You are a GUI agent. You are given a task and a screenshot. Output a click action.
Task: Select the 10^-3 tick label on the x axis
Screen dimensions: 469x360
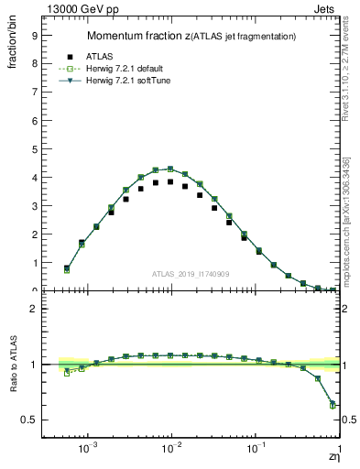click(x=88, y=449)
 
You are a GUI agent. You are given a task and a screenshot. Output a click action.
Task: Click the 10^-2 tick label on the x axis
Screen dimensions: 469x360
click(x=171, y=449)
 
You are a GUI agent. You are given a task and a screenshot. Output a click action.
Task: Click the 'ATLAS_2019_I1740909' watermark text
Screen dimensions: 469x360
click(x=191, y=275)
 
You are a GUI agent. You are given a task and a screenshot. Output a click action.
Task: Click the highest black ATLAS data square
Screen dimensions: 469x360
click(x=170, y=181)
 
